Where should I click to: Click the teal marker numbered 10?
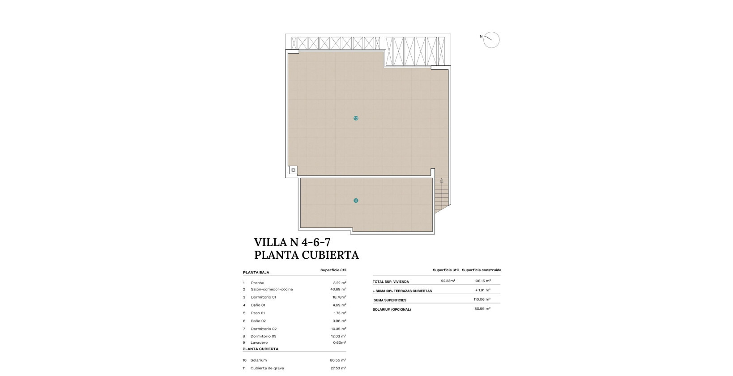tap(356, 118)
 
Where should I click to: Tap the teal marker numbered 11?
tap(356, 201)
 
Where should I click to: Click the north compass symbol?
tap(491, 40)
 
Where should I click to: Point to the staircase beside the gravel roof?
tap(441, 195)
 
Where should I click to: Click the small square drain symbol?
tap(293, 170)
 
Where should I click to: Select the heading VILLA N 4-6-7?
tap(292, 242)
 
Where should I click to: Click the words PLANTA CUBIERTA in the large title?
tap(307, 255)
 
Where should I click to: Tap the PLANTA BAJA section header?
tap(256, 272)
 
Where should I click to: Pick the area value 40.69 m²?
tap(338, 289)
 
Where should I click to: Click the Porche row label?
tap(257, 283)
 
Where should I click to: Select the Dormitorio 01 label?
tap(264, 297)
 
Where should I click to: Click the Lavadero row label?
tap(259, 342)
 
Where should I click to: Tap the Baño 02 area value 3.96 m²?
tap(340, 321)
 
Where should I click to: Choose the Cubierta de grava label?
tap(267, 368)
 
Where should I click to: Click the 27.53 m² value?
tap(338, 368)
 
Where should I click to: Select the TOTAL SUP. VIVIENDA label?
tap(391, 282)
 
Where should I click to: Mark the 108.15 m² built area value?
tap(482, 281)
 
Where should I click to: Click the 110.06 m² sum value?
tap(482, 299)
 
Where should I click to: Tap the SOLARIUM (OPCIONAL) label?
tap(392, 309)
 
